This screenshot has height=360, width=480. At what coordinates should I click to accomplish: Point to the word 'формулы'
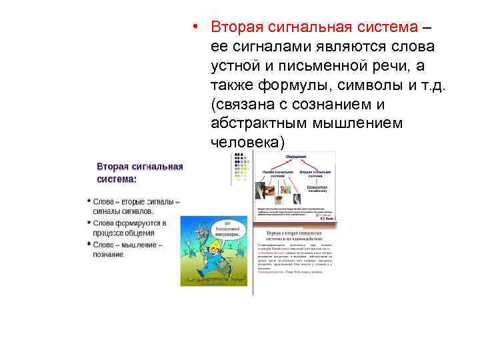pos(284,85)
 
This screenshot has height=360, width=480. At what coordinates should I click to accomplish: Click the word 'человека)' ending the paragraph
pos(247,142)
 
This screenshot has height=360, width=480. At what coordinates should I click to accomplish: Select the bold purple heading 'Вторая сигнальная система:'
pos(139,172)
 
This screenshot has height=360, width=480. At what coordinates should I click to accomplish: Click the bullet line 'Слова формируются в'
pos(129,223)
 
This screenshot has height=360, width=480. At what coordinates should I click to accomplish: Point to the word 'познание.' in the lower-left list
pos(109,255)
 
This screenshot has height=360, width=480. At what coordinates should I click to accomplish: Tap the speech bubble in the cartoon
pos(227,229)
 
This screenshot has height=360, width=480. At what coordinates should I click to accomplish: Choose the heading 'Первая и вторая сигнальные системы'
pos(295,236)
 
